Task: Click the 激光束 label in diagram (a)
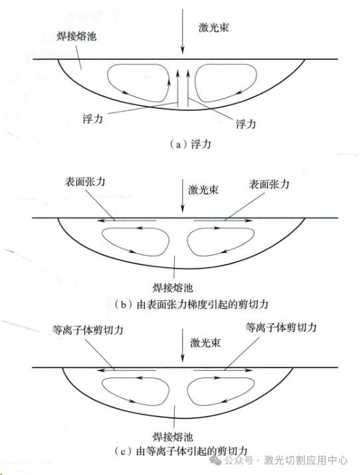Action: click(x=213, y=28)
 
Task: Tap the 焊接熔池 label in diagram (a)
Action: click(x=76, y=37)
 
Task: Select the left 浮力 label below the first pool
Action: click(x=92, y=118)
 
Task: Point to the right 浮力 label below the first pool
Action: click(x=246, y=124)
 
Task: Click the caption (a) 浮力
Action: click(x=191, y=144)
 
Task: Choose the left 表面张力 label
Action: click(x=85, y=182)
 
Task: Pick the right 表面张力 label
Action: click(x=269, y=184)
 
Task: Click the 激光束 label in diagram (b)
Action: click(x=203, y=190)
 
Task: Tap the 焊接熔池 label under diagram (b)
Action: click(x=173, y=288)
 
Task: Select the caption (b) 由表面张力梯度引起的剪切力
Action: click(x=192, y=304)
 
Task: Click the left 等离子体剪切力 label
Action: click(x=88, y=330)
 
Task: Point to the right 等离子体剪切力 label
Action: click(x=281, y=327)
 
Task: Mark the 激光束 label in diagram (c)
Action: click(x=205, y=343)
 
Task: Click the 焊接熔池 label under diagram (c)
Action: click(x=173, y=437)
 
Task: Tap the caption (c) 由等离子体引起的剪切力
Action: click(x=181, y=451)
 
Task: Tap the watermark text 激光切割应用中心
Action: click(x=306, y=460)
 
